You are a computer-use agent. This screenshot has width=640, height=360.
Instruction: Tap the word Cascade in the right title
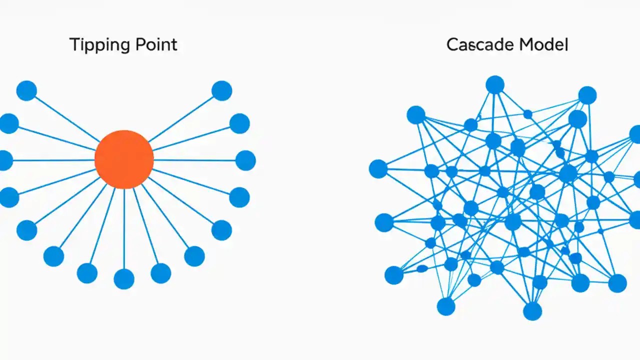tap(480, 45)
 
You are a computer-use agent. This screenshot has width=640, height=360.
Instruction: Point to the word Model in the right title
tap(543, 45)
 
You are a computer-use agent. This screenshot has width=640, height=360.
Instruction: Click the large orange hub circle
tap(124, 159)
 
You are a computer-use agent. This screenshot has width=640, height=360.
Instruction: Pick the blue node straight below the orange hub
tap(124, 279)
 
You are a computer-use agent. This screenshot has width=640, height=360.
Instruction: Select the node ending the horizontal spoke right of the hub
tap(245, 160)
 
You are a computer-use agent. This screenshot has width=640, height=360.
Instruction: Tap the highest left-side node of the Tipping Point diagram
tap(26, 90)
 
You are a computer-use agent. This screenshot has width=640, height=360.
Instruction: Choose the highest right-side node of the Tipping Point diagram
tap(221, 90)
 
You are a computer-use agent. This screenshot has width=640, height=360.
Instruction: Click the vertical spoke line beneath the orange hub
tap(124, 230)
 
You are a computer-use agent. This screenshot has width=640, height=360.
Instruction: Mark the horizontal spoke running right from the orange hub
tap(195, 160)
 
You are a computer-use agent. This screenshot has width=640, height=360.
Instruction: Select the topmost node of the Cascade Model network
tap(495, 84)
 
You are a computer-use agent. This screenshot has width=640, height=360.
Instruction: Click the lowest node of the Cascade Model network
tap(532, 311)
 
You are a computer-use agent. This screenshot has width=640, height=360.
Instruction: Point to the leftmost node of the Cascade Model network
tap(378, 169)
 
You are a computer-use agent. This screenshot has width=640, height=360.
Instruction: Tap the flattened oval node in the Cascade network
tap(422, 268)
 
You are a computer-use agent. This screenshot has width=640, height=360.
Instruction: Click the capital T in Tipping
tap(73, 45)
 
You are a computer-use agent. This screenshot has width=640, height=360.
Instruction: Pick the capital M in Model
tap(525, 45)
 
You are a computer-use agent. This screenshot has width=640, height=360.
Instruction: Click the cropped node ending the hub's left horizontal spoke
tap(5, 160)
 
